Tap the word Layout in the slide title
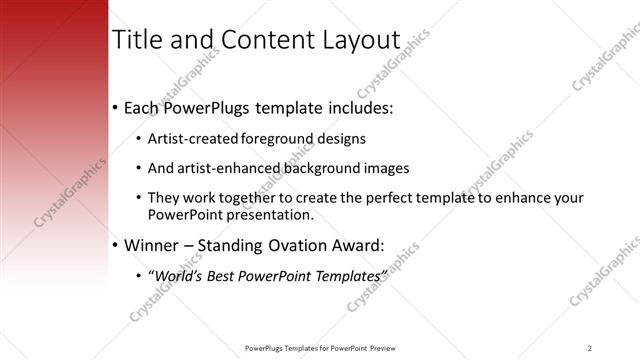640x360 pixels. click(x=359, y=40)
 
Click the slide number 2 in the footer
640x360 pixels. click(x=590, y=347)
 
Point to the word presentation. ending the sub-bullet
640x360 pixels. click(x=273, y=215)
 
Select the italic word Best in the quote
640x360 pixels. click(x=226, y=273)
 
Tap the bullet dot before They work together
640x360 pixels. click(x=138, y=198)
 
